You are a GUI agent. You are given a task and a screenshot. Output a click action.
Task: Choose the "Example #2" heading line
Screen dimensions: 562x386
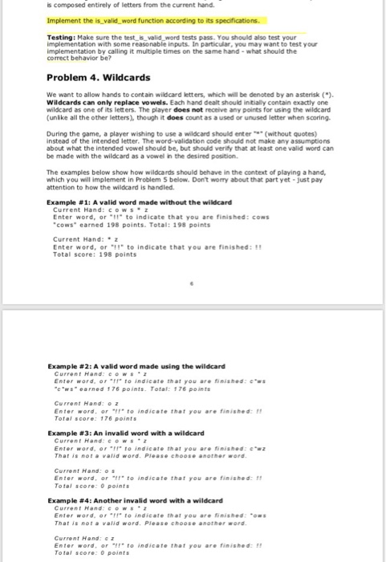pyautogui.click(x=136, y=366)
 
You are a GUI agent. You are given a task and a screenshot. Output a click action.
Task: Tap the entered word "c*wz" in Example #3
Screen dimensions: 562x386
pyautogui.click(x=299, y=446)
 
